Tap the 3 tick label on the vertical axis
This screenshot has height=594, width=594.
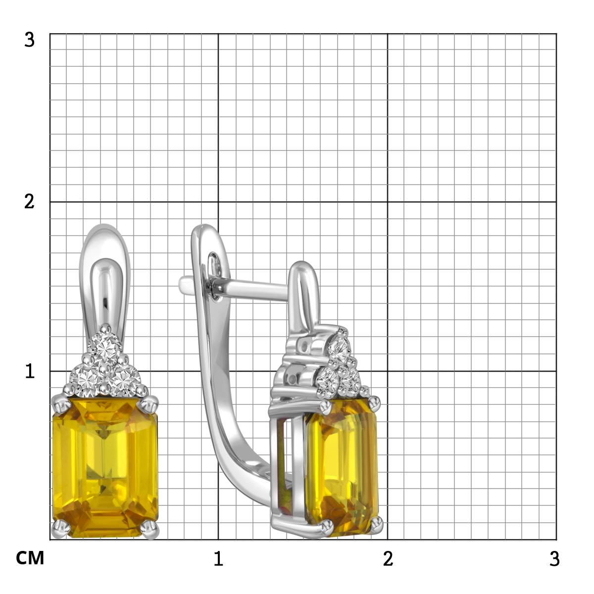click(29, 40)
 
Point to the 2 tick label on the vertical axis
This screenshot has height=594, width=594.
click(29, 202)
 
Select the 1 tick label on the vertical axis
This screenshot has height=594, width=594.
click(30, 371)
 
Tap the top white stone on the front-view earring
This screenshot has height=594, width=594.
click(104, 348)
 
